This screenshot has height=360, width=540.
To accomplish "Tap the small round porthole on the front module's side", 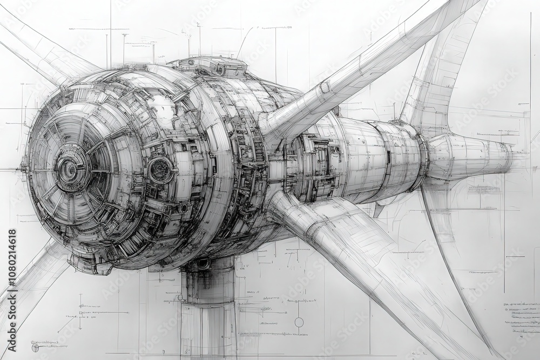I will click(160, 169).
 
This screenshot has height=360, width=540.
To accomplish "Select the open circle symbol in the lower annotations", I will click(299, 322).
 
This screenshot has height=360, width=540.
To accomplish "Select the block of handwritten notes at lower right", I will click(521, 318).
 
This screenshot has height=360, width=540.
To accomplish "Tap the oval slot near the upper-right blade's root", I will click(325, 87).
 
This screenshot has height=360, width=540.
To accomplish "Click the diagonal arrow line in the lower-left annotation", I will click(67, 324).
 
